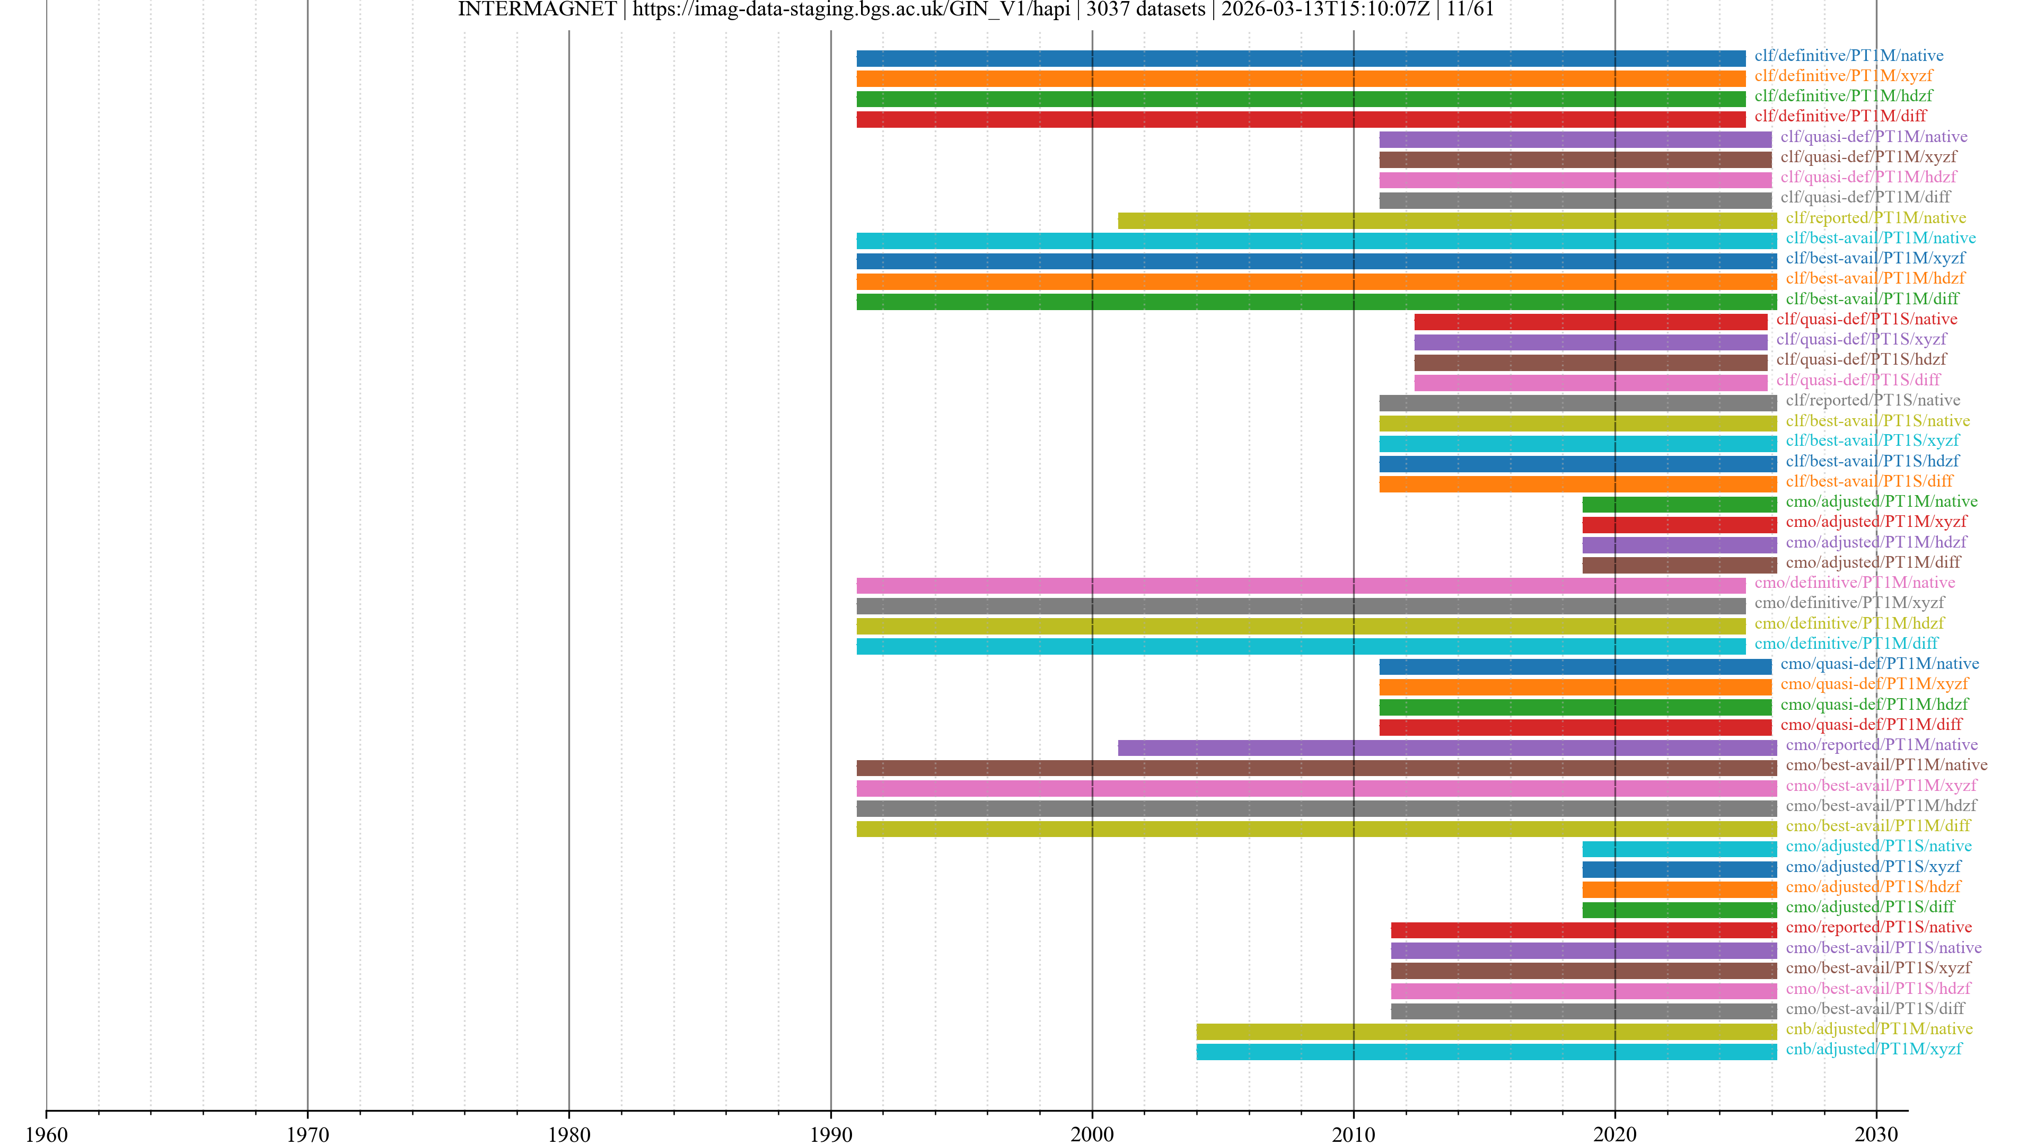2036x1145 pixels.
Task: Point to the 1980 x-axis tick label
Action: (568, 1134)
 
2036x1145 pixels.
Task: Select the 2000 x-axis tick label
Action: (1092, 1134)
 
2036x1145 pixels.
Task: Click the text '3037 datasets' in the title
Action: (1145, 10)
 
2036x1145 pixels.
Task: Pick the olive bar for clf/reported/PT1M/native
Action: (1446, 221)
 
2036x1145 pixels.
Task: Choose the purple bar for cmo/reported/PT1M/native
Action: (1446, 747)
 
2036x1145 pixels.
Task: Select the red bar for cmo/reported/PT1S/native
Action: (1583, 930)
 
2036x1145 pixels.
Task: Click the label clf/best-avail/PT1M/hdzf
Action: (1875, 278)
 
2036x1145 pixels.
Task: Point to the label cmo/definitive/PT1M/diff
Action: (1846, 643)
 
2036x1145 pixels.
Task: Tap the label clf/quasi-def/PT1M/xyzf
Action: (1867, 156)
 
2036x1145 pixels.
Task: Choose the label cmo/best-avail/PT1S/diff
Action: (1875, 1008)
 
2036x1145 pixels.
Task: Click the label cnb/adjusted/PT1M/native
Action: (1879, 1029)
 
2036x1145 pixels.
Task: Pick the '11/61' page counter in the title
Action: (1470, 10)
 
